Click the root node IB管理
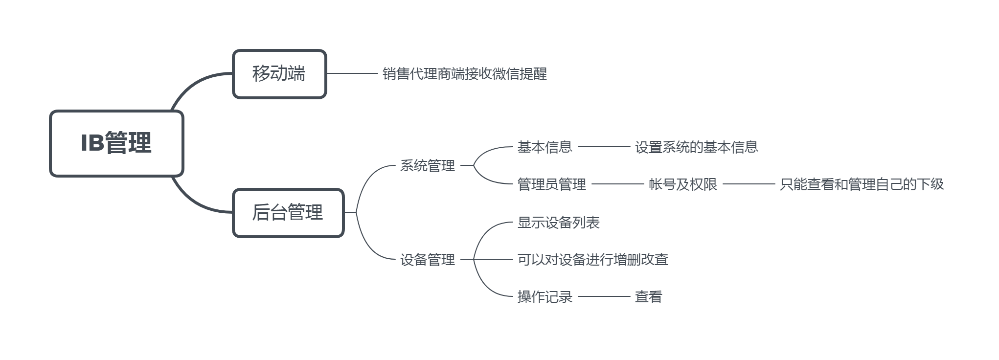(116, 143)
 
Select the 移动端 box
(279, 74)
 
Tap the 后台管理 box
(288, 213)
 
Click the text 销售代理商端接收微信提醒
(464, 74)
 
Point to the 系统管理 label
(428, 166)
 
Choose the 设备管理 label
(428, 260)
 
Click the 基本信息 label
(545, 147)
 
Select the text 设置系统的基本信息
(696, 147)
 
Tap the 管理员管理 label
(551, 184)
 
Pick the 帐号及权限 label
(682, 184)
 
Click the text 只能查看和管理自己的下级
(861, 184)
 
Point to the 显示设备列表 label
(558, 223)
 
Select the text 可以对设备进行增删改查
(592, 260)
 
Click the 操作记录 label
(545, 297)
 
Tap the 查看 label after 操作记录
(648, 297)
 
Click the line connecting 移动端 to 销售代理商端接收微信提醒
(352, 73)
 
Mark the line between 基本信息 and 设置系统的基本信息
(604, 147)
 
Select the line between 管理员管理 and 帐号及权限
(617, 184)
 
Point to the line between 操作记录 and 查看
(604, 296)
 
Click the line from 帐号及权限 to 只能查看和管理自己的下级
(749, 184)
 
